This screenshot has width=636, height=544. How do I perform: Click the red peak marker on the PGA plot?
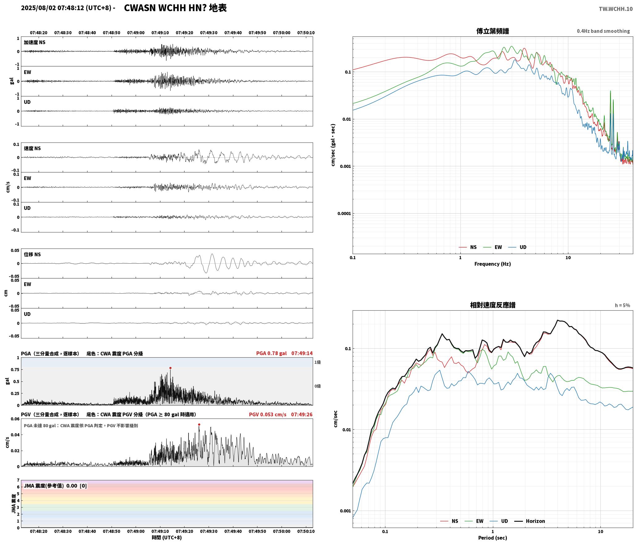[170, 368]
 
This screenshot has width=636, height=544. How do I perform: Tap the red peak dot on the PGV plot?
[199, 424]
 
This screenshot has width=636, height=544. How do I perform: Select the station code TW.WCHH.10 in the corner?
[616, 9]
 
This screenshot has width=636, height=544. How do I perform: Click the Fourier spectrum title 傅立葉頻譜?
[493, 31]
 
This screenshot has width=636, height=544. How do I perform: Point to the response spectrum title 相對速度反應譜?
[493, 305]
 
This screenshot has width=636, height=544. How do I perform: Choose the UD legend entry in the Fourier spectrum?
[517, 247]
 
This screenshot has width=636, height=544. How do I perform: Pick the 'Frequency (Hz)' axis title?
[493, 264]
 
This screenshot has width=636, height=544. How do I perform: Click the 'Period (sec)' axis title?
[493, 538]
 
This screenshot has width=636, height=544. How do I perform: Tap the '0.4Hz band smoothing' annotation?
[603, 31]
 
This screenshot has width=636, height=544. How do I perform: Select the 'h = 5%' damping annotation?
[622, 305]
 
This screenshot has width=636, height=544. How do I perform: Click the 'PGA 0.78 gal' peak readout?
[271, 353]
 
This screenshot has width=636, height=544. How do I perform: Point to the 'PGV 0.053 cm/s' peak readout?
[268, 414]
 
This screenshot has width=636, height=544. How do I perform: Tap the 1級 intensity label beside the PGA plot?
[318, 362]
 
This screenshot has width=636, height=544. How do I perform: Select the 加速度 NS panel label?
[35, 42]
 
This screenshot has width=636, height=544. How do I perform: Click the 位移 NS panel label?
[32, 254]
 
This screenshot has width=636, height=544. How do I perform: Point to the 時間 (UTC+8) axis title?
[167, 538]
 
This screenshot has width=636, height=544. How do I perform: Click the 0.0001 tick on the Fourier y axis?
[343, 214]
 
